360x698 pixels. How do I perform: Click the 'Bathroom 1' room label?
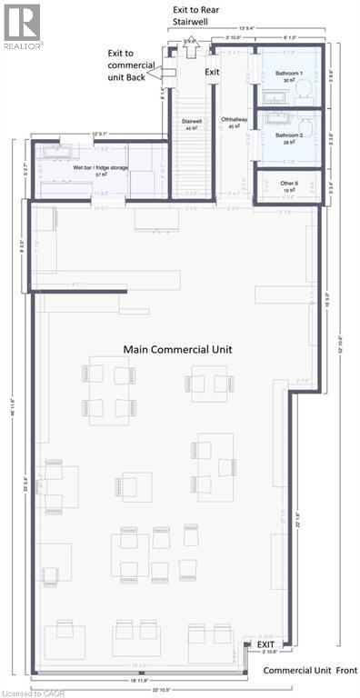[287, 77]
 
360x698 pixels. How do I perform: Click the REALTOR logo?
[21, 25]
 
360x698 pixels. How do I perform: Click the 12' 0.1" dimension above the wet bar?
[99, 135]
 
